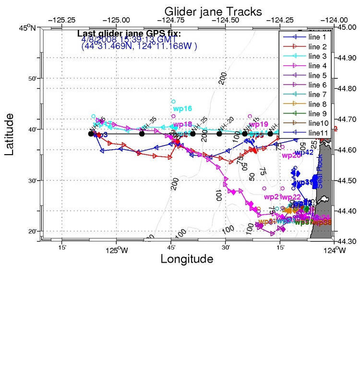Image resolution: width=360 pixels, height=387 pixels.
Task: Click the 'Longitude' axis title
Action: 186,260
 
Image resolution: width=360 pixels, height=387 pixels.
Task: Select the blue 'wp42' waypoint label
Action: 304,153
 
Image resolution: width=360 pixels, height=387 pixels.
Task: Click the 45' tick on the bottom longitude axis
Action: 171,247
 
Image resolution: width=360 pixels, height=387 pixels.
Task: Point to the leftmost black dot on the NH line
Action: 91,133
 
